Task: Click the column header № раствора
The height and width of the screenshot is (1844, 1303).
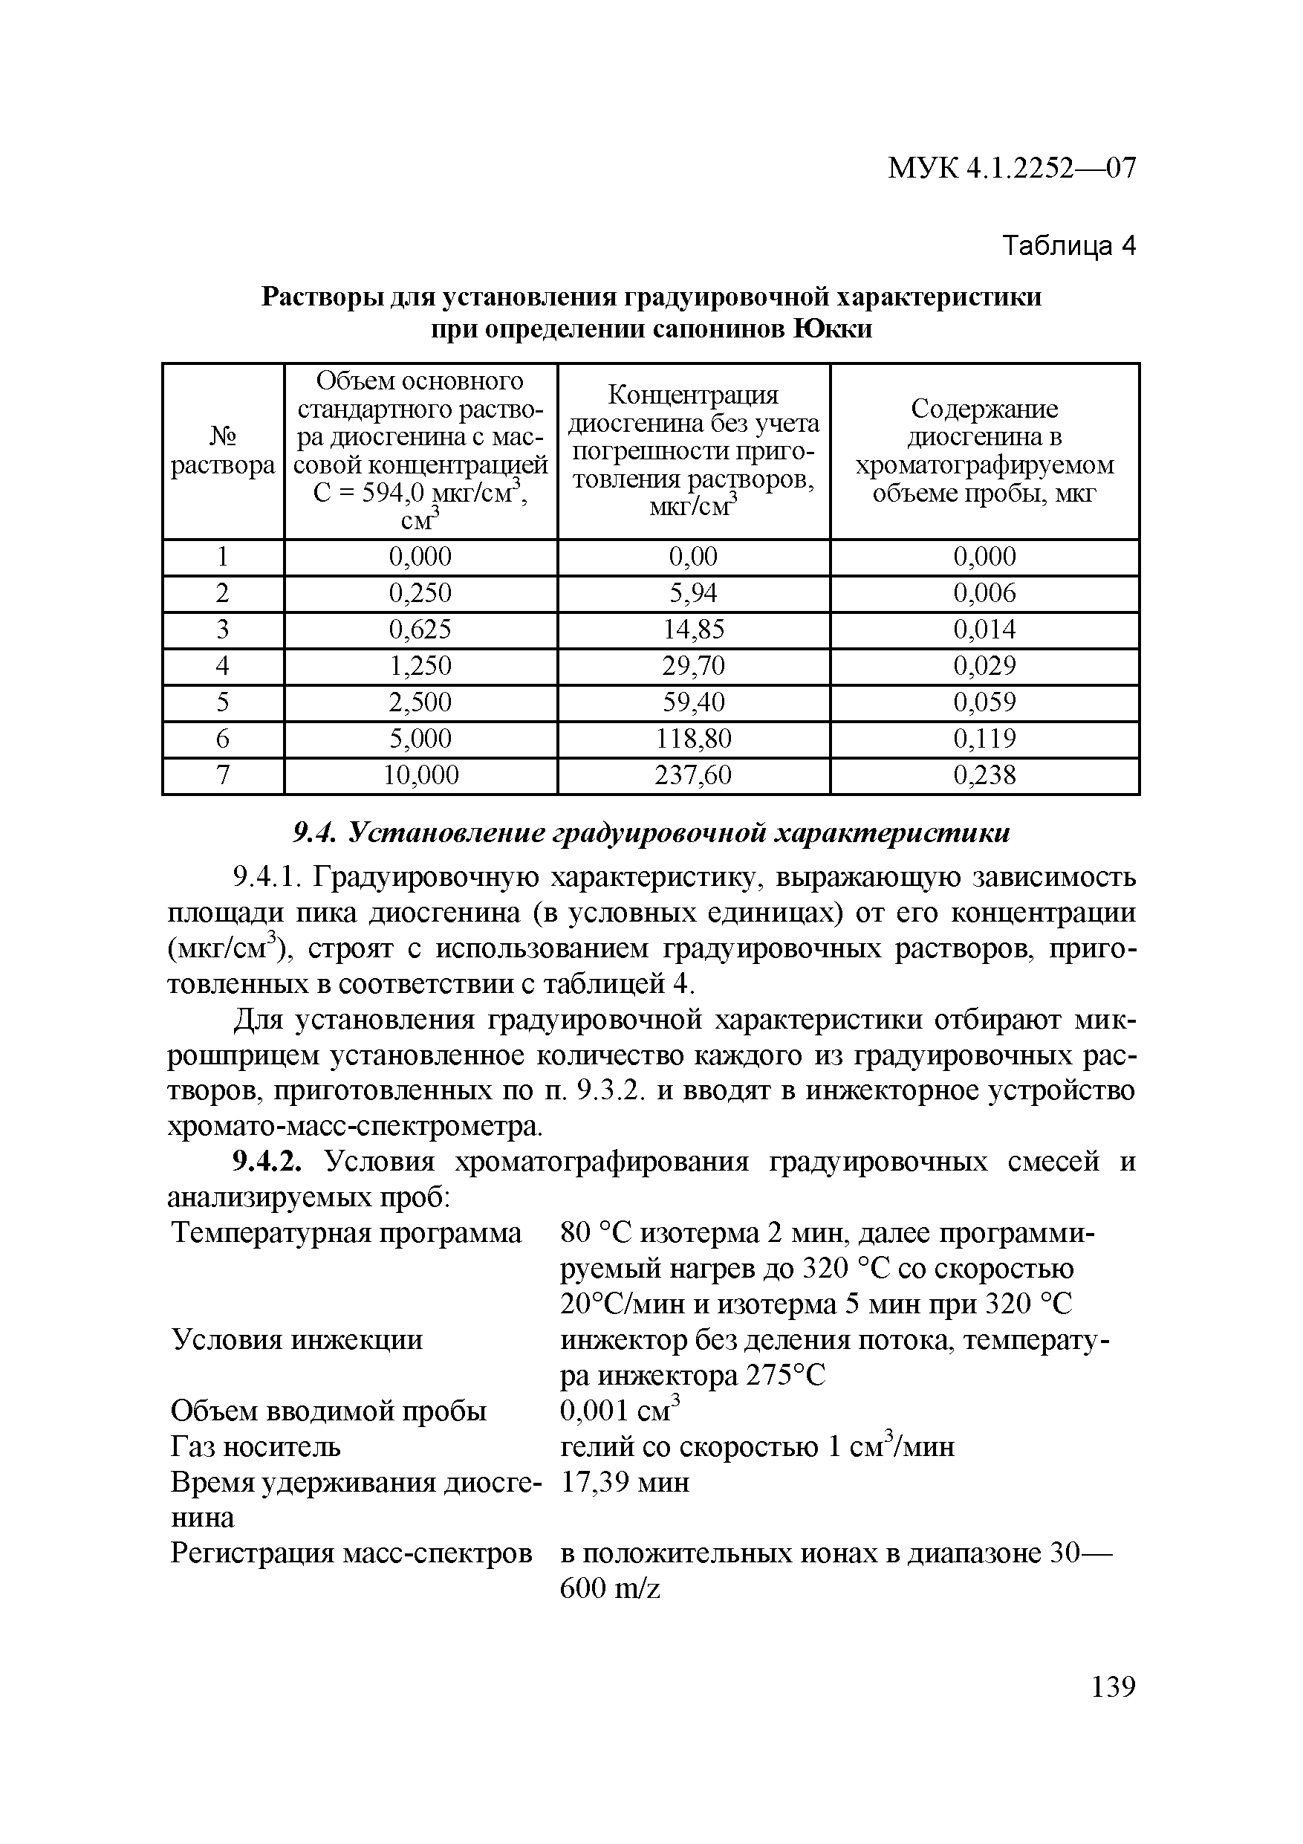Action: click(x=222, y=450)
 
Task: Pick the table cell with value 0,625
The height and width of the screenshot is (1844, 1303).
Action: click(x=420, y=629)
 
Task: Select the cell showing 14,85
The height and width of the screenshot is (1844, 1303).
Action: click(x=693, y=629)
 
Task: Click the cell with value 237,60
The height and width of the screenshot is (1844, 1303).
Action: click(x=693, y=775)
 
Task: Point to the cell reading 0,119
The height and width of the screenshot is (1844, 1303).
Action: click(x=984, y=738)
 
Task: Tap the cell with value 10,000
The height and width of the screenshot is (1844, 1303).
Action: click(x=420, y=775)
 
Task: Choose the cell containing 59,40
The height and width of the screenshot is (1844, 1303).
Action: click(x=693, y=702)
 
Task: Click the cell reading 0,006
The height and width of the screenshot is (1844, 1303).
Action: click(x=984, y=592)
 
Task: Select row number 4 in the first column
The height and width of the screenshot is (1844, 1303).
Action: click(x=222, y=666)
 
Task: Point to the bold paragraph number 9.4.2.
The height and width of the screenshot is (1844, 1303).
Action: click(x=268, y=1162)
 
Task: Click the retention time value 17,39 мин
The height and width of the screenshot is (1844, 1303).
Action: click(x=625, y=1482)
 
